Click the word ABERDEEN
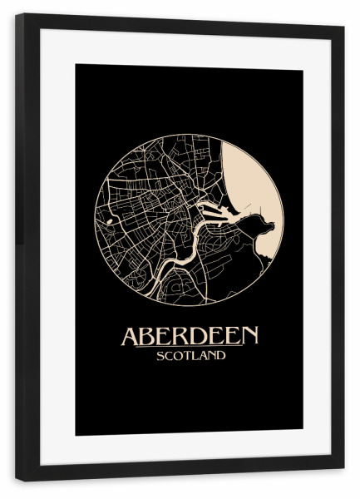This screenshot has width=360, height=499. (x=190, y=336)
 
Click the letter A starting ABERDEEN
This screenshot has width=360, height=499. (x=131, y=336)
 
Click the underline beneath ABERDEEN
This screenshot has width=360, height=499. (x=190, y=348)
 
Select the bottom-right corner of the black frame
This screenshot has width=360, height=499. (x=343, y=480)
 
